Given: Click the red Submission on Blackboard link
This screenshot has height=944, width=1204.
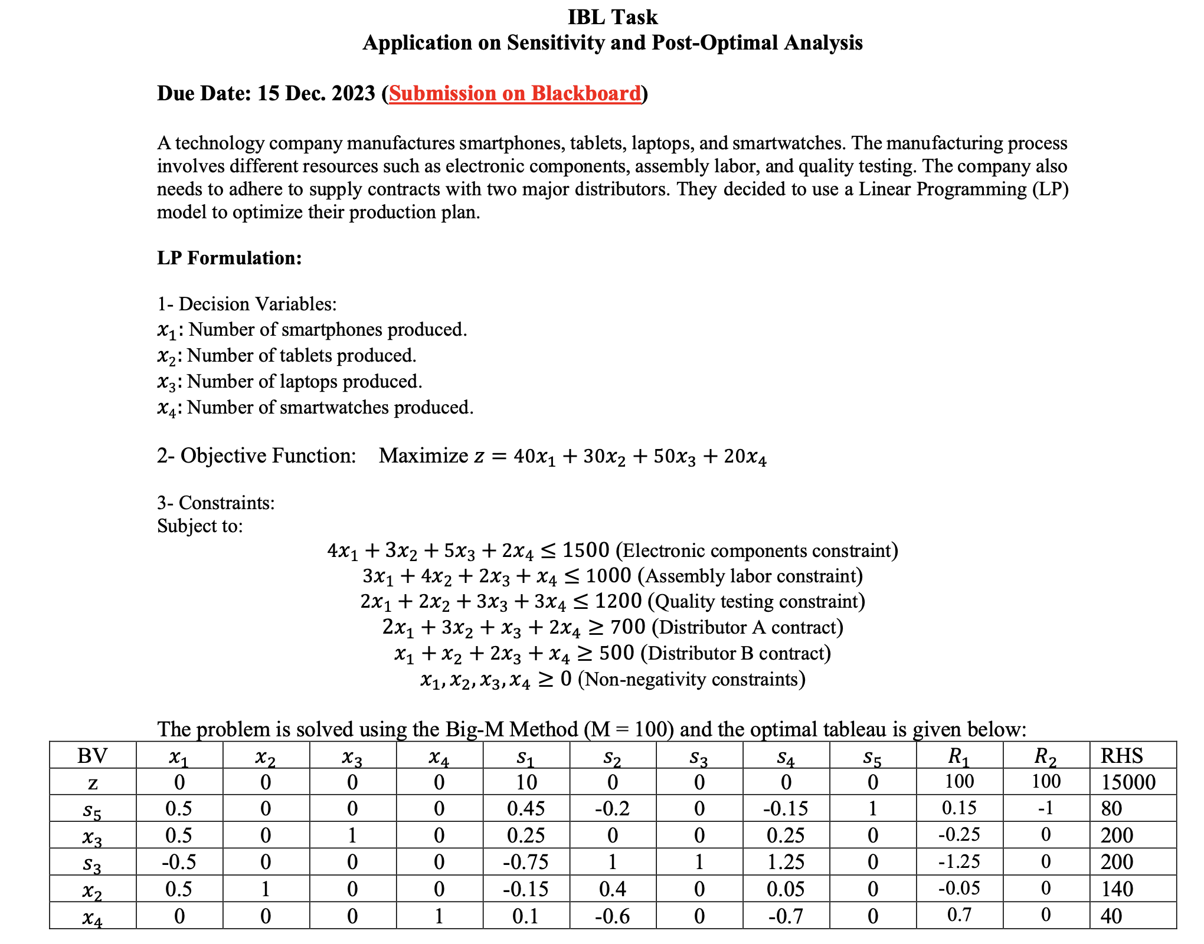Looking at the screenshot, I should point(515,93).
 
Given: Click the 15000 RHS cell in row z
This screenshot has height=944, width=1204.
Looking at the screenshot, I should point(1128,782).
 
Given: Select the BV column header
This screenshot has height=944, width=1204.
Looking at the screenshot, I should point(93,755).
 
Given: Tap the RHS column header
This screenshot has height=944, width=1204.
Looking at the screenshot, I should point(1121,755).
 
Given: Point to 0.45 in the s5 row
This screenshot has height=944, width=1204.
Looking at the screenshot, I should point(526,808).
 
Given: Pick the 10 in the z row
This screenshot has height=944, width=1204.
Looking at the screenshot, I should point(526,782).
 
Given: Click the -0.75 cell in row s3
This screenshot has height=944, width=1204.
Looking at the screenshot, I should point(526,862).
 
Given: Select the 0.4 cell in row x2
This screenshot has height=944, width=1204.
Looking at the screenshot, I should point(613,889).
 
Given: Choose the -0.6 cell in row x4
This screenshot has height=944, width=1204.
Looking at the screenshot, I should point(613,916).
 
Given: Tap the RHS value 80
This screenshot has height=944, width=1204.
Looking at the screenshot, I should point(1111,808).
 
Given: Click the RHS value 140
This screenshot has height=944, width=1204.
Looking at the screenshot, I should point(1117,889).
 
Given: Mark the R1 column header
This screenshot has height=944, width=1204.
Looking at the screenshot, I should point(959,756).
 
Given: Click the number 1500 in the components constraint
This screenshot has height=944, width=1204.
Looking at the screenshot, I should point(585,550).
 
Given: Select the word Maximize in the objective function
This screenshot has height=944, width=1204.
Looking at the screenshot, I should point(423,455).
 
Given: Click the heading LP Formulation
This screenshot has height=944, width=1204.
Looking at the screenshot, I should point(229,258).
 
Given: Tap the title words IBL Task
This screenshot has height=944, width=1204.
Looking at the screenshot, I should point(612,17).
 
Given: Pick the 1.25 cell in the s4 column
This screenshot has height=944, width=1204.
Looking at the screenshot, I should point(786,862).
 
